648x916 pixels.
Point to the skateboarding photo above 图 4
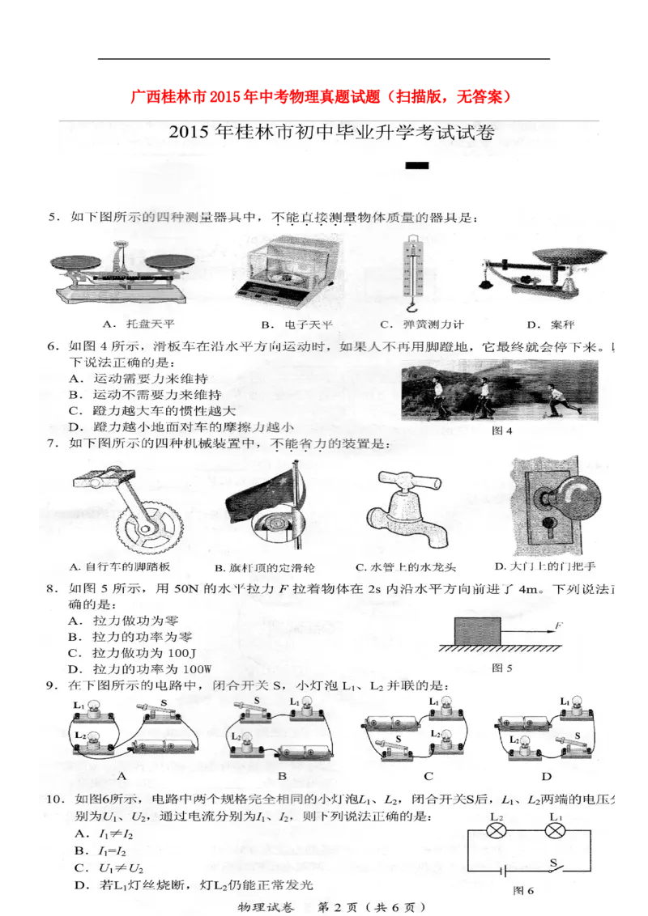(499, 390)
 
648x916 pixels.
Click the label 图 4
(502, 430)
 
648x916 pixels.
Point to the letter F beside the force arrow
(558, 625)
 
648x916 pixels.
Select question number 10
(54, 799)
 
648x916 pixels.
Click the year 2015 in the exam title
(190, 133)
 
